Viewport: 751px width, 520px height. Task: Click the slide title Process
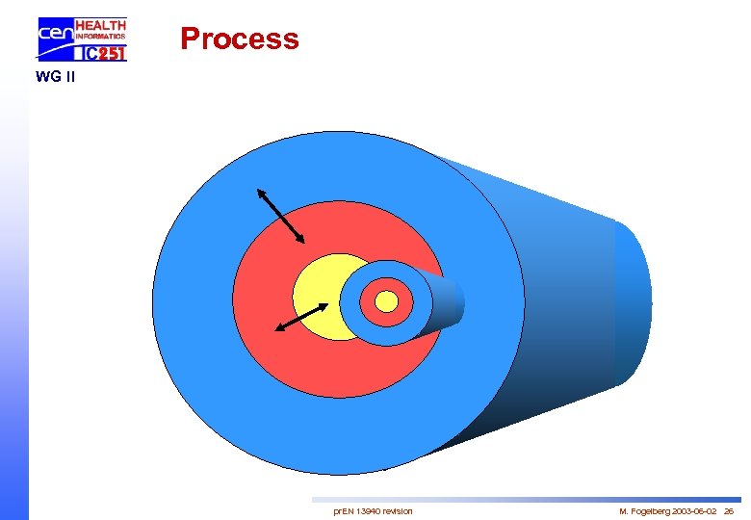pyautogui.click(x=240, y=39)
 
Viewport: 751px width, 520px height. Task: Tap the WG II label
pyautogui.click(x=54, y=77)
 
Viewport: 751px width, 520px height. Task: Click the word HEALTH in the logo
pyautogui.click(x=100, y=25)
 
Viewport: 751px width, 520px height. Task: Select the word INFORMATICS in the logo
pyautogui.click(x=100, y=38)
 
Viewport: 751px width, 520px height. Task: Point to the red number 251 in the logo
pyautogui.click(x=112, y=54)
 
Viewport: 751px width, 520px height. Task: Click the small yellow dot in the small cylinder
pyautogui.click(x=386, y=302)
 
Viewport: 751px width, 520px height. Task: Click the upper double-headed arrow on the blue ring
pyautogui.click(x=281, y=215)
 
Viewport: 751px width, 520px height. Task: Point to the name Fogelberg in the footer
pyautogui.click(x=653, y=510)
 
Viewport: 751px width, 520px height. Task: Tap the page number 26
pyautogui.click(x=729, y=510)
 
